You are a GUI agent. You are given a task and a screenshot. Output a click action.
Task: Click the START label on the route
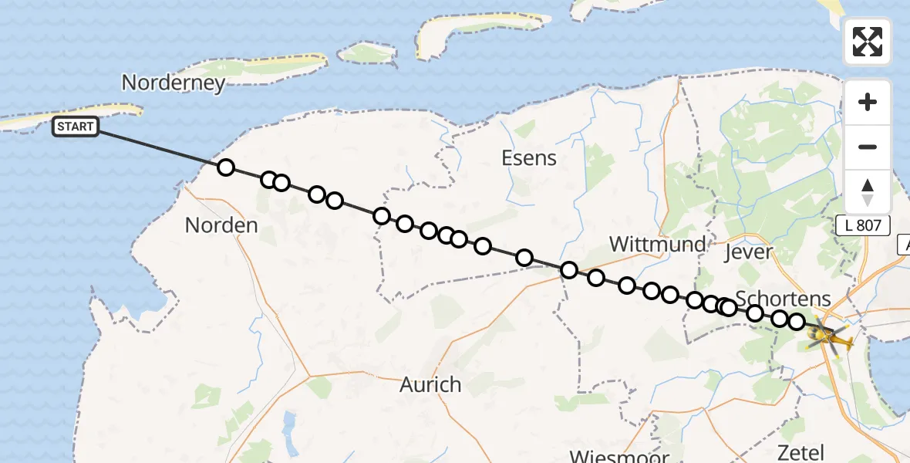pos(76,127)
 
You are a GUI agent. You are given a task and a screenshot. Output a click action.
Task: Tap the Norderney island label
pos(174,83)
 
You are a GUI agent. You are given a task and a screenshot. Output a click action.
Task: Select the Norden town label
pos(221,225)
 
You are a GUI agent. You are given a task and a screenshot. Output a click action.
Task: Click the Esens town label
pos(528,158)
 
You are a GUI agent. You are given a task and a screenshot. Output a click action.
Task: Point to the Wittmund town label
pos(657,245)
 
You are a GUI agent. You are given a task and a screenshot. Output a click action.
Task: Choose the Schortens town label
pos(783,298)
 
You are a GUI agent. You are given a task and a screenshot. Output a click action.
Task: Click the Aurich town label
pos(430,384)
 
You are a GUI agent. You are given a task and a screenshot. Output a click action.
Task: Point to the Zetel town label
pos(802,452)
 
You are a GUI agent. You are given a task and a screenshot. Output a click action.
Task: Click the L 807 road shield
pos(863,226)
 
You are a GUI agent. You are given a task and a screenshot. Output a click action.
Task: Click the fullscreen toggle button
pos(868,42)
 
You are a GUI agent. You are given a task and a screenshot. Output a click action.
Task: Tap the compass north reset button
pos(868,191)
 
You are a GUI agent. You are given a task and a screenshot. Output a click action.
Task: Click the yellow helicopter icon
pos(830,337)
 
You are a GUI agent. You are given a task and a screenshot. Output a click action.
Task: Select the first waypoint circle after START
pos(225,167)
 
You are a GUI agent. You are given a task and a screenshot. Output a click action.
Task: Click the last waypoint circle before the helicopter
pos(797,322)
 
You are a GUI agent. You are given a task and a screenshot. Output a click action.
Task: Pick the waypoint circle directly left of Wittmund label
pos(569,270)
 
